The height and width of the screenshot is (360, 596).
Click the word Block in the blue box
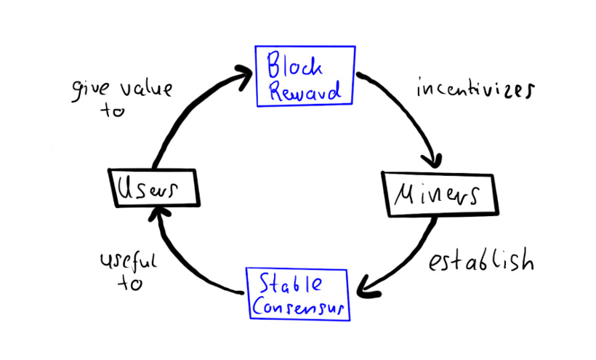294,65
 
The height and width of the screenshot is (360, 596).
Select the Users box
154,188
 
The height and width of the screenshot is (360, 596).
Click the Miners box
440,195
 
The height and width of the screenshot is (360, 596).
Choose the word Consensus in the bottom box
299,305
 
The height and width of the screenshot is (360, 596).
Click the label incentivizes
475,89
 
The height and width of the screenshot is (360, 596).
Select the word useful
129,261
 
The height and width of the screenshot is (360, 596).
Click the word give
90,90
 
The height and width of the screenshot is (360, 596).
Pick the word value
147,89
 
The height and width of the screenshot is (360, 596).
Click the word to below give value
113,111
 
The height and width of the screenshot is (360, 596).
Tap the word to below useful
130,283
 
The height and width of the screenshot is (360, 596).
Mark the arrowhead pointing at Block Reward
243,77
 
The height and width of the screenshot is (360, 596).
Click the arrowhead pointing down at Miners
432,161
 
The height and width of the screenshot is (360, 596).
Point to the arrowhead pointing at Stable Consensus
368,287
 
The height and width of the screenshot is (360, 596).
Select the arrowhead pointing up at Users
158,215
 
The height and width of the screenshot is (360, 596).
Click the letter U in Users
126,188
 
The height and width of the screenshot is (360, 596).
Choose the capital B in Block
275,65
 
